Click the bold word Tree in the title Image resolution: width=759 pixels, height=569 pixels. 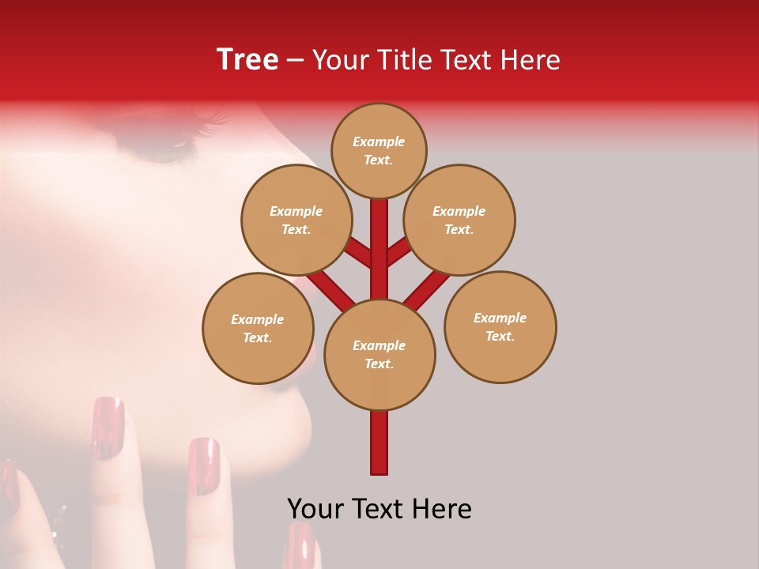(x=247, y=59)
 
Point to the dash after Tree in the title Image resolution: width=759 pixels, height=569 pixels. (x=296, y=61)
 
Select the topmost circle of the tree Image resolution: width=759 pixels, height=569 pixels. (x=379, y=150)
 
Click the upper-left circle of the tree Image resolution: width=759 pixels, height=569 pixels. (x=296, y=220)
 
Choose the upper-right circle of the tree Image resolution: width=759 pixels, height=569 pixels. (x=459, y=220)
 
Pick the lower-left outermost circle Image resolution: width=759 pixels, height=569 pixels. (x=258, y=328)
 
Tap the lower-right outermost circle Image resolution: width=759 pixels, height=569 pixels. (x=500, y=326)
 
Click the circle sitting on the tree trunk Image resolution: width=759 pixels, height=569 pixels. (x=379, y=354)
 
